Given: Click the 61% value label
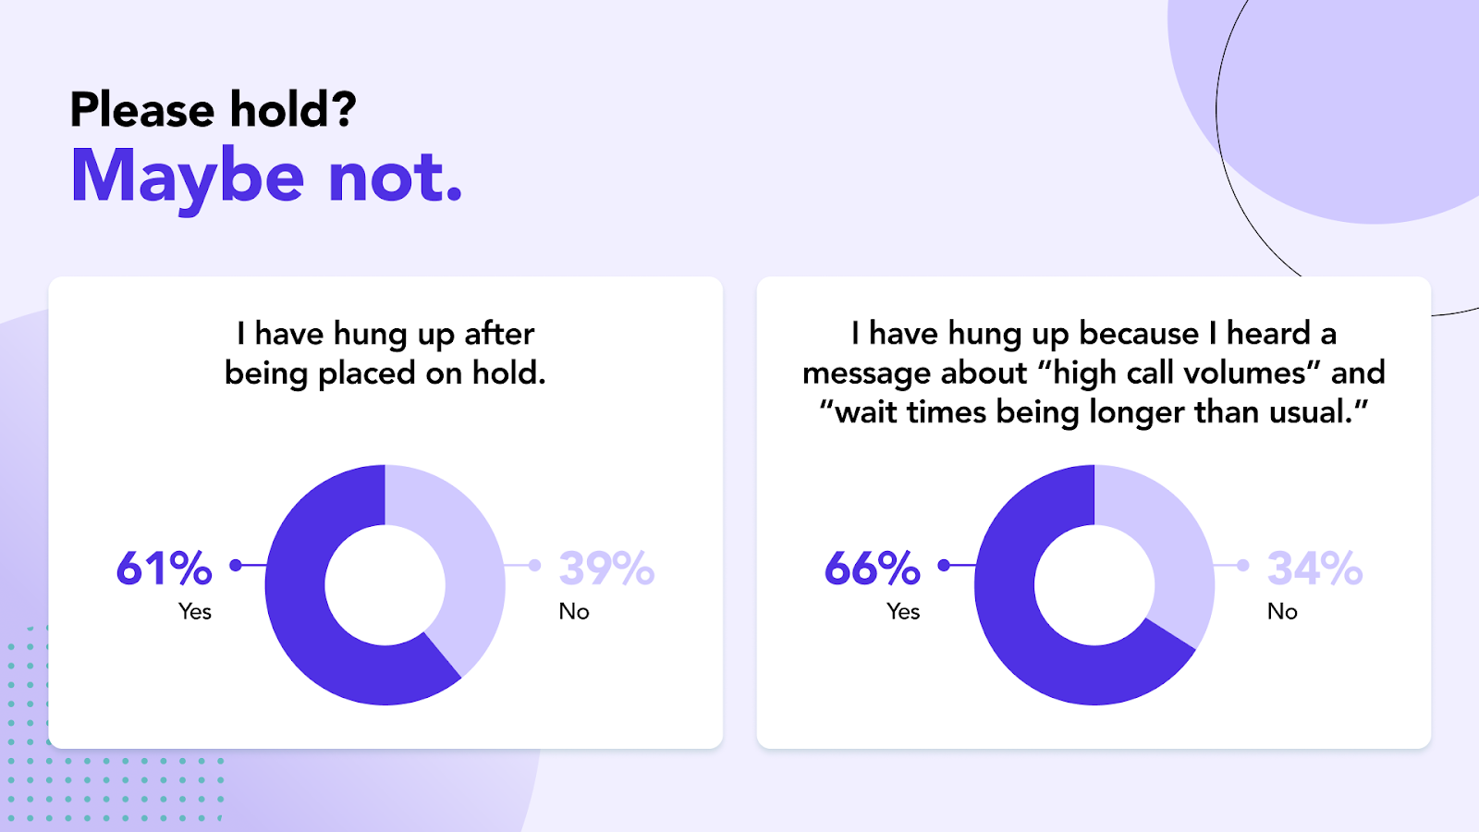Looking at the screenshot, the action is coord(164,568).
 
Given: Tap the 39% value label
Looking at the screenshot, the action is coord(606,568).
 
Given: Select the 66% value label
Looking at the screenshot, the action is coord(873,568).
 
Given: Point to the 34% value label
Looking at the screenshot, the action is coord(1314,568).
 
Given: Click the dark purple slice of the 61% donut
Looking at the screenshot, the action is coord(311,634).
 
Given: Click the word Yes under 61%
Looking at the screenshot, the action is coord(195,611).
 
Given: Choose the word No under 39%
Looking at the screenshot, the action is coord(574,611).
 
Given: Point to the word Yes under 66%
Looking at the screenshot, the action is coord(903,611).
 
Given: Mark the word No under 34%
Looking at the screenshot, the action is coord(1282,611).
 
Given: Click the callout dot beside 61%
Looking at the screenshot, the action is coord(236,565).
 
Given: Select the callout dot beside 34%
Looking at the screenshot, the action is coord(1243,565).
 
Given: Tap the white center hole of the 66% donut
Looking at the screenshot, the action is coord(1094,585).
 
